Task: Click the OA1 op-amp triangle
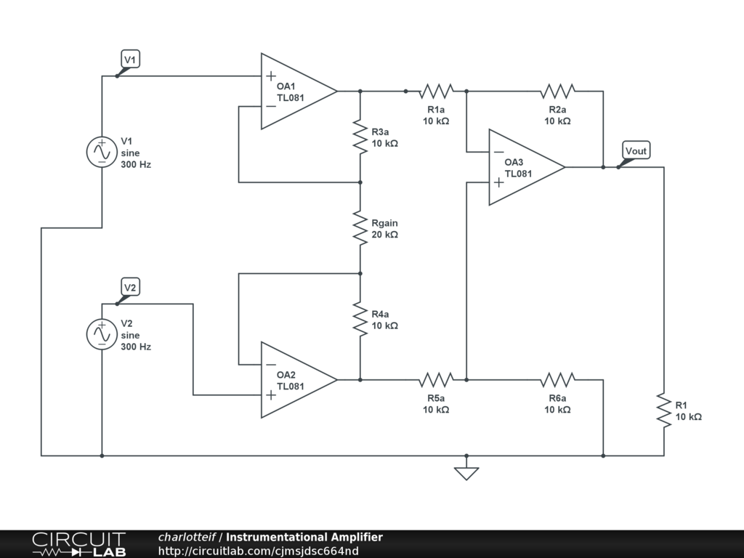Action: [294, 92]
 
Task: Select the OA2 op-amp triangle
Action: [294, 380]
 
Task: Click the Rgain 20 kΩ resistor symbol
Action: [360, 228]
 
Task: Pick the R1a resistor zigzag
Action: [436, 91]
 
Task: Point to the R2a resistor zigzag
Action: [557, 91]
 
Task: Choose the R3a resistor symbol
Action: [360, 137]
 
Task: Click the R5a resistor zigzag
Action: [436, 379]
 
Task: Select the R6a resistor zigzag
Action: [557, 379]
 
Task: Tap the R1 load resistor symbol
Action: [663, 411]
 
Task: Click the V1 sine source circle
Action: [102, 152]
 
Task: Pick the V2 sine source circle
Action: [102, 334]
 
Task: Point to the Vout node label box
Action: [636, 151]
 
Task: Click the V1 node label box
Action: [129, 60]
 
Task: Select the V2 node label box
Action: [129, 288]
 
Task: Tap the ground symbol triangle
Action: [466, 473]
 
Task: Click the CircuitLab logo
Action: [78, 544]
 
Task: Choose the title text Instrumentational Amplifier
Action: [304, 538]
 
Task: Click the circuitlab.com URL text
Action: [258, 551]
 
